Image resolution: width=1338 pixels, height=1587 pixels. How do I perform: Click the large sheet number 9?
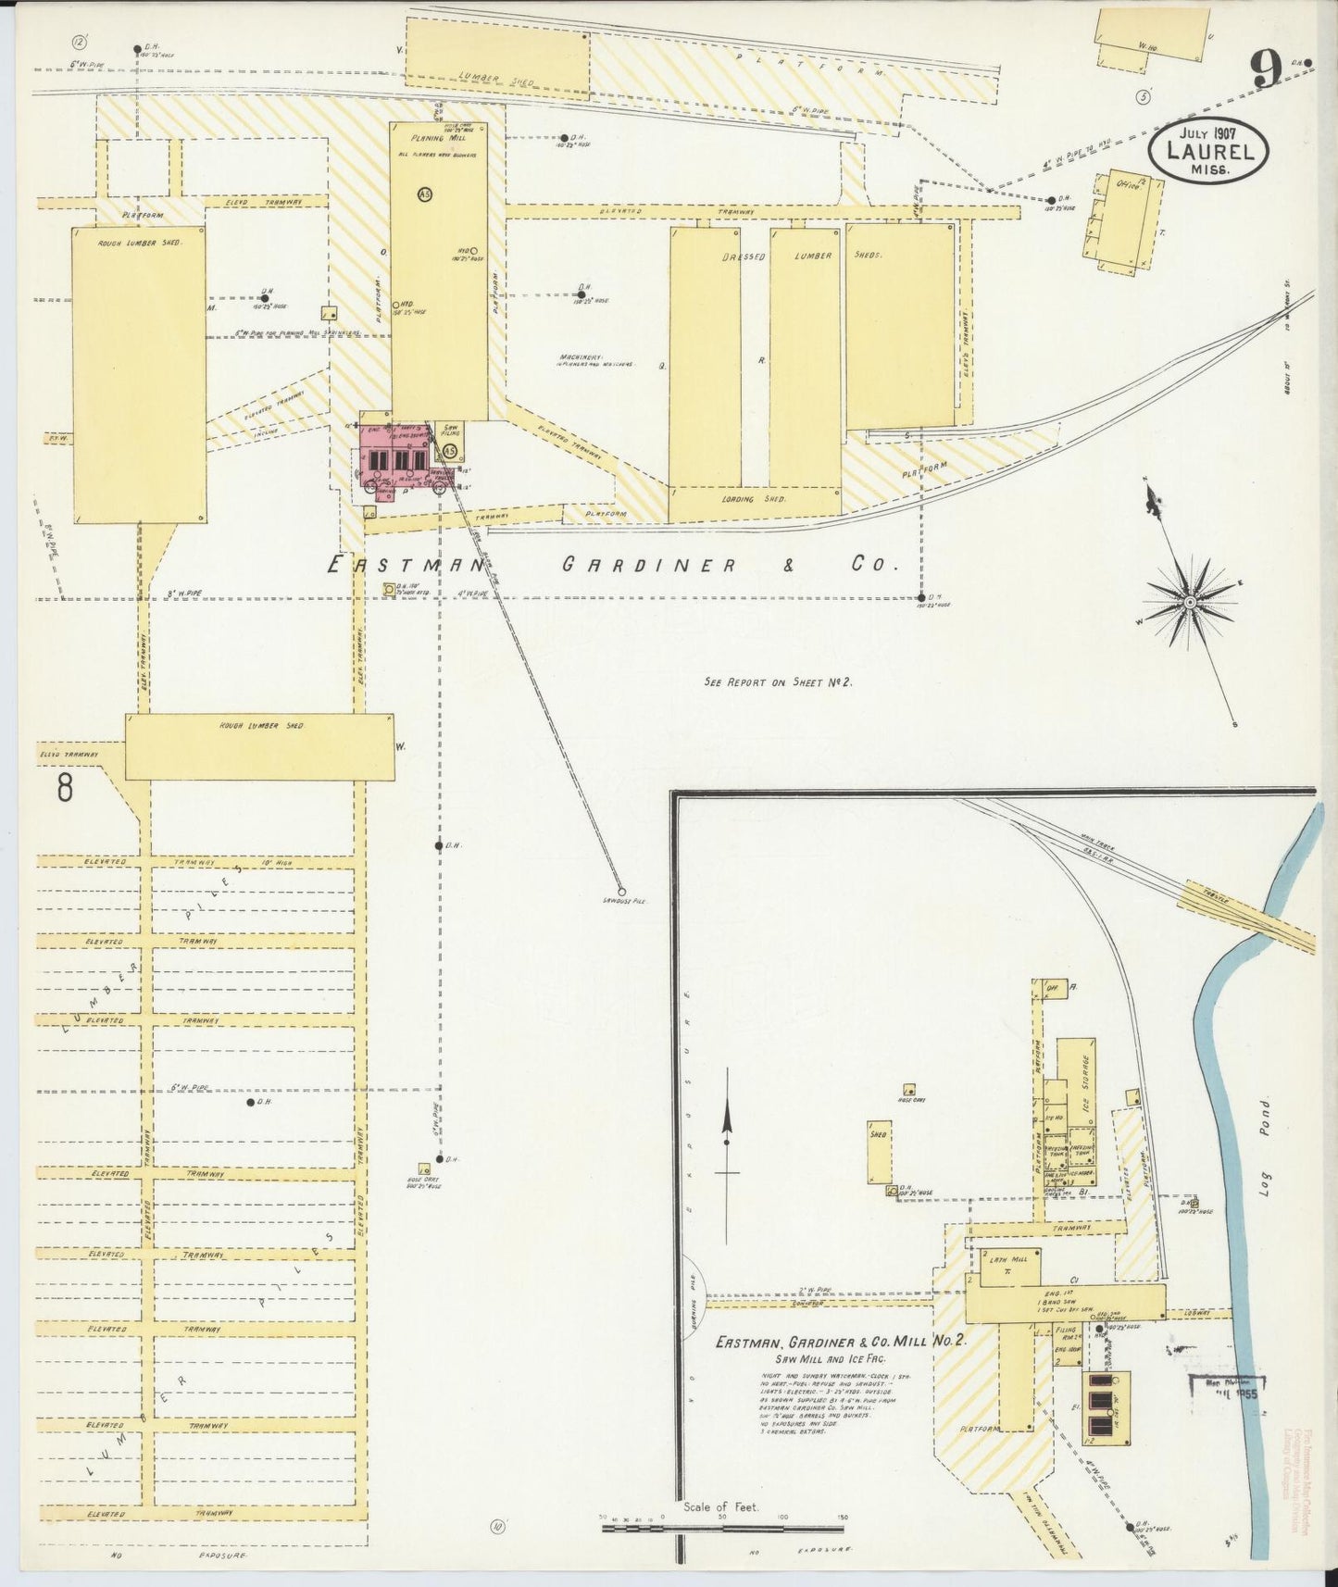(1266, 69)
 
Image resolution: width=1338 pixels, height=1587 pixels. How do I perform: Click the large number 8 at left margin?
(64, 788)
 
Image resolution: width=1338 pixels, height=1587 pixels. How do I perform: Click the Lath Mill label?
(998, 1261)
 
